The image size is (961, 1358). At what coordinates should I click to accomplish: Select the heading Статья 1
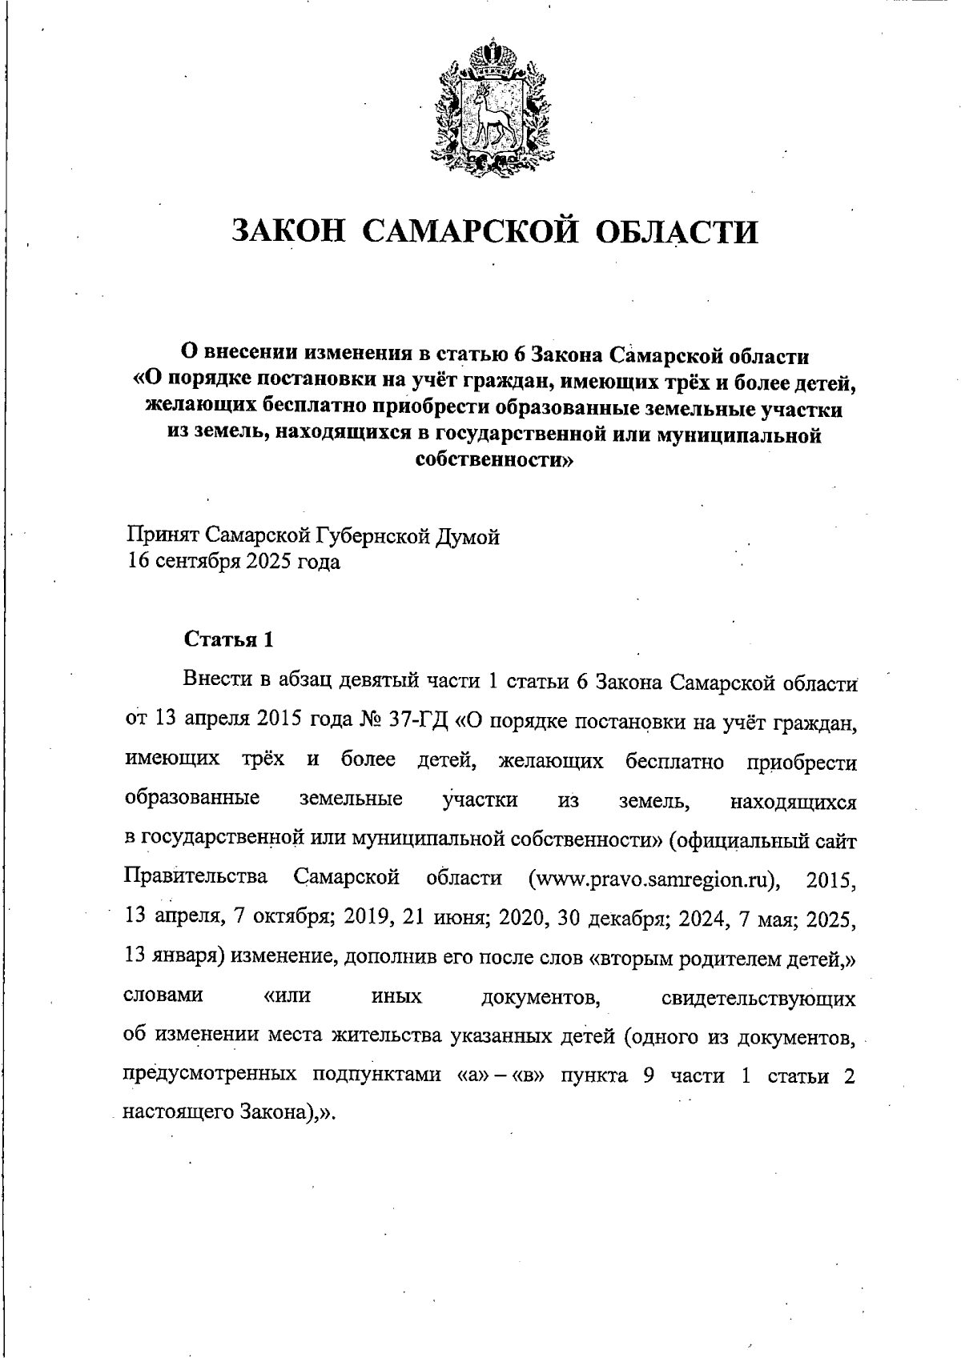pyautogui.click(x=230, y=639)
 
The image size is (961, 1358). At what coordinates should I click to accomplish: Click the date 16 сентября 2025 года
pyautogui.click(x=234, y=562)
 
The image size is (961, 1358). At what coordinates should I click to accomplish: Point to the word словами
pyautogui.click(x=163, y=996)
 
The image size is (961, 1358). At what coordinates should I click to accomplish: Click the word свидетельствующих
pyautogui.click(x=758, y=998)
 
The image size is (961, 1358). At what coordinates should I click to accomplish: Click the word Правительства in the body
pyautogui.click(x=196, y=877)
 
